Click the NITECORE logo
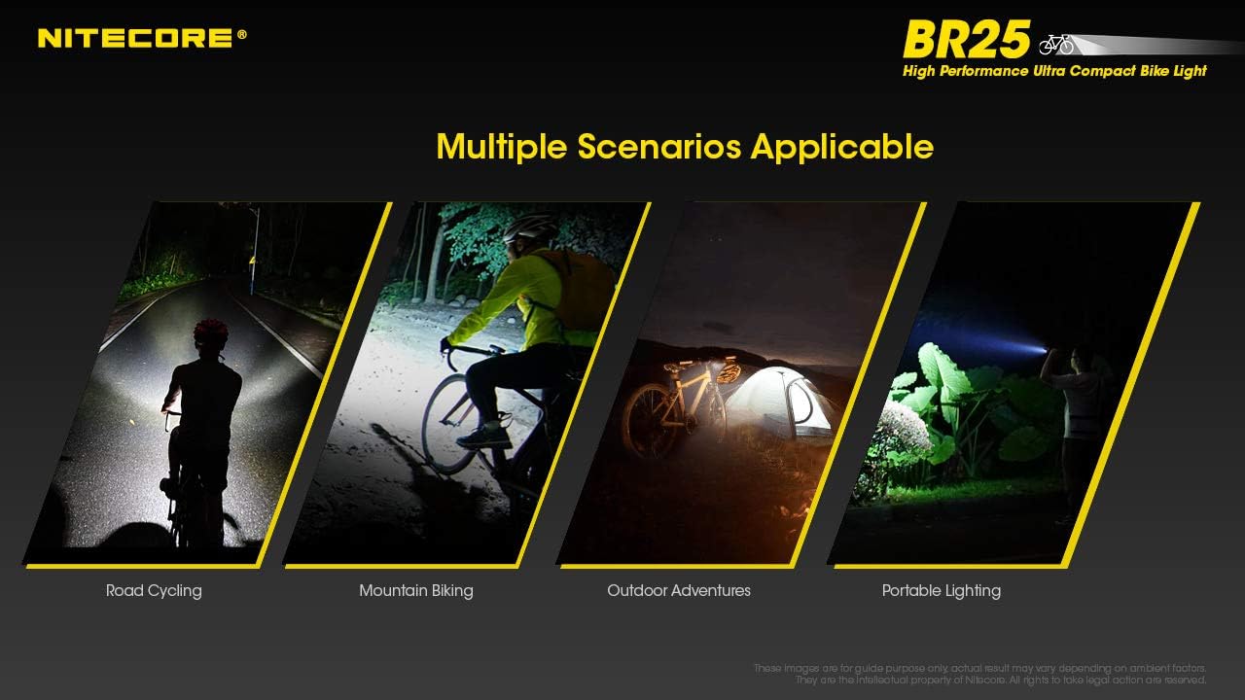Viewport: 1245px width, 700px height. coord(142,38)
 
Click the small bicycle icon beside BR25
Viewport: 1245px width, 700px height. coord(1055,44)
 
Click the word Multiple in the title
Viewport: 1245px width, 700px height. coord(501,147)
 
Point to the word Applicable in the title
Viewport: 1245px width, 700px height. coord(842,147)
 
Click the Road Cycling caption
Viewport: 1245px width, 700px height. coord(154,590)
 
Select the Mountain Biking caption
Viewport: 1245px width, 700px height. coord(415,590)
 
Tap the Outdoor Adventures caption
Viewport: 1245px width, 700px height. coord(678,590)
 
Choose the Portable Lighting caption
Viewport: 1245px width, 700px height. coord(941,590)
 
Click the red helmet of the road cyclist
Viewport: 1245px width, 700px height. coord(211,332)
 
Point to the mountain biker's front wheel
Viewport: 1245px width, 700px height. coord(450,424)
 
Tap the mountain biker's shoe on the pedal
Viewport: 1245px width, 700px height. coord(483,437)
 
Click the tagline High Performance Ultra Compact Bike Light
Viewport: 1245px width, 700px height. coord(1054,71)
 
